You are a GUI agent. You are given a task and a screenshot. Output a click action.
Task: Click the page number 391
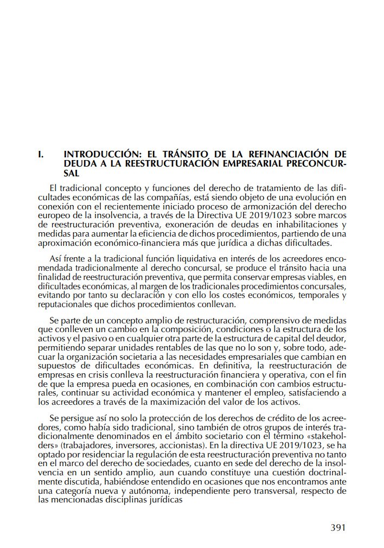(337, 527)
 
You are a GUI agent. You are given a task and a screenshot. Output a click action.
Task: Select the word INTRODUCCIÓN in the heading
(95, 154)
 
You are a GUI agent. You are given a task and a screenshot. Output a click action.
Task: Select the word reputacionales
(66, 304)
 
